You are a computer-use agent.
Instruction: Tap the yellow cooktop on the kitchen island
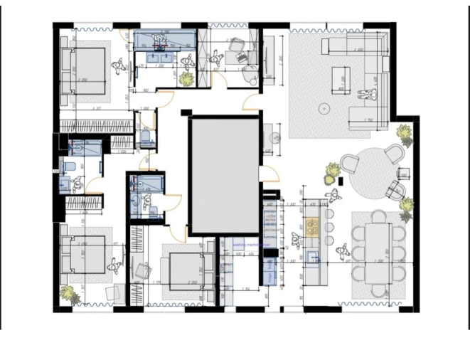[311, 227]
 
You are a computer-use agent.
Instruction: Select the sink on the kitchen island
[311, 255]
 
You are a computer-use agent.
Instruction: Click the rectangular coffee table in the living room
[341, 79]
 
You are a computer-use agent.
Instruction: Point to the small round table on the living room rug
[324, 108]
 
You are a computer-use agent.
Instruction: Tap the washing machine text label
[246, 244]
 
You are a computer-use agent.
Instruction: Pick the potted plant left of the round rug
[333, 171]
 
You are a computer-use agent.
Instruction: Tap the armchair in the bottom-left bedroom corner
[114, 293]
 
